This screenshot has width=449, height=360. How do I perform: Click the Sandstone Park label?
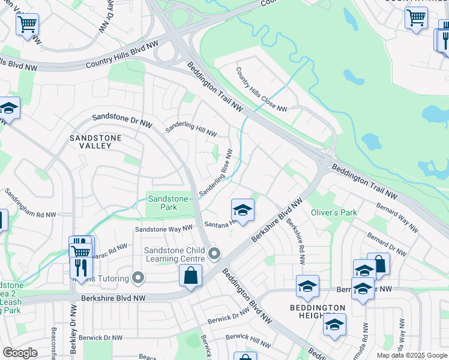coord(168,203)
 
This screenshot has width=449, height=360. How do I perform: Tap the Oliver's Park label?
coord(334,212)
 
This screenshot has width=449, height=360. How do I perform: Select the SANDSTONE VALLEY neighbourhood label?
coord(95,142)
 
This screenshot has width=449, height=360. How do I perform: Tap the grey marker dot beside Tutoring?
coord(139,277)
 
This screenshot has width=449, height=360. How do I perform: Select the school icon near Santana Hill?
coord(243,210)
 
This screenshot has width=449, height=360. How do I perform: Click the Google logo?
coord(20,353)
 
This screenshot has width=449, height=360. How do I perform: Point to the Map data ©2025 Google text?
coord(411,355)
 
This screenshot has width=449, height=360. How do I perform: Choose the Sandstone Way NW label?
coord(163,229)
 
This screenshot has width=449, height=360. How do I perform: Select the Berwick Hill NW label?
coord(252,340)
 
